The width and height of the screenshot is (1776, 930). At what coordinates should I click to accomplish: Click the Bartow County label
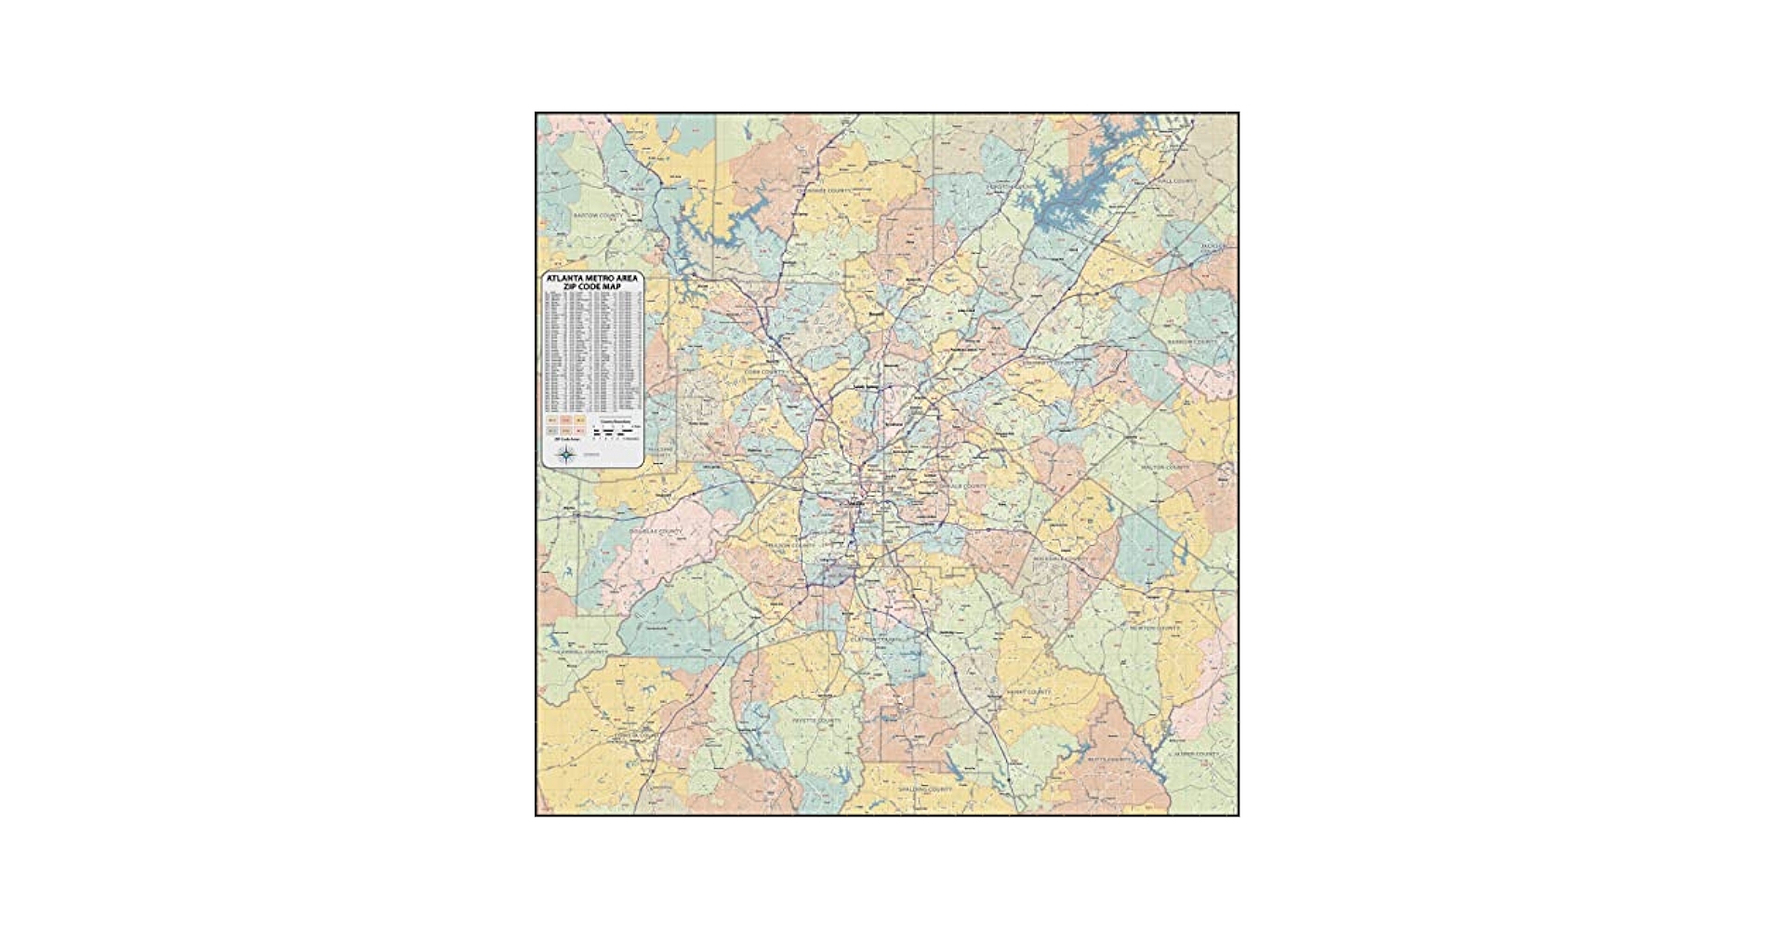click(597, 215)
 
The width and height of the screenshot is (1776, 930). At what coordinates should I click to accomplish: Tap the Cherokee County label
click(824, 191)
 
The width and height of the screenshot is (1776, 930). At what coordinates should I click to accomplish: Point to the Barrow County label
click(1191, 341)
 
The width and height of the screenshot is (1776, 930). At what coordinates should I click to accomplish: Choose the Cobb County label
click(765, 371)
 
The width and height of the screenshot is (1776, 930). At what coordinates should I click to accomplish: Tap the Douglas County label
click(656, 531)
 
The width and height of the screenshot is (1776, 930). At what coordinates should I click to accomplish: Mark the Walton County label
click(1164, 467)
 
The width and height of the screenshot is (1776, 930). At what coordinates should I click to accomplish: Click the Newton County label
click(1154, 629)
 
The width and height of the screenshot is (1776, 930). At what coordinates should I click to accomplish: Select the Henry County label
click(1028, 692)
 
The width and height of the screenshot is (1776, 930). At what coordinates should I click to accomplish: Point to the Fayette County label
click(815, 720)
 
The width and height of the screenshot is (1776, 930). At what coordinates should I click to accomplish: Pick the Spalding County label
click(925, 789)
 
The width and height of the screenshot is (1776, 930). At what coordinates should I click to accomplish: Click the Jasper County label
click(1194, 753)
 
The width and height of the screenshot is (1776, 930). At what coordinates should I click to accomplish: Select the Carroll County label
click(581, 652)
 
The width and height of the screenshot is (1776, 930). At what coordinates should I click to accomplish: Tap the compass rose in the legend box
click(565, 455)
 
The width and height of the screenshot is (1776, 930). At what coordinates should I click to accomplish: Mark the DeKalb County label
click(963, 486)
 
